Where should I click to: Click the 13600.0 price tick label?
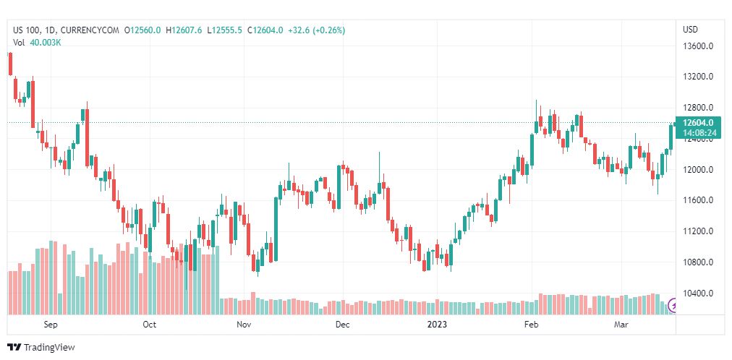pos(698,46)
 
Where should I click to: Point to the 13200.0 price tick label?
pos(698,77)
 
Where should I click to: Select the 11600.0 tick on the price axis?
pos(698,200)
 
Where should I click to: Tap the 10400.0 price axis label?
pos(698,293)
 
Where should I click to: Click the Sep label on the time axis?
pos(51,325)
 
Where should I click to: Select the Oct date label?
pos(150,325)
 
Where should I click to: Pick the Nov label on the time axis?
pos(244,325)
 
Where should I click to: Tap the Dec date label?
pos(342,325)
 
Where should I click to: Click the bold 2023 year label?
pos(436,325)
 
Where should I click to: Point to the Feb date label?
pos(532,325)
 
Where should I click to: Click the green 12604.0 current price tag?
pos(699,123)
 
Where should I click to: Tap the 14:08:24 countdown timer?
pos(699,133)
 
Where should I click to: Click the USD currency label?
pos(690,30)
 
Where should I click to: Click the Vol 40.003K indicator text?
pos(37,43)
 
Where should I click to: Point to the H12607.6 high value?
pos(186,30)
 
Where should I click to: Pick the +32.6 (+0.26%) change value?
pos(316,30)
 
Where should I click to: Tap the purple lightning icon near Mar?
pos(675,305)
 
